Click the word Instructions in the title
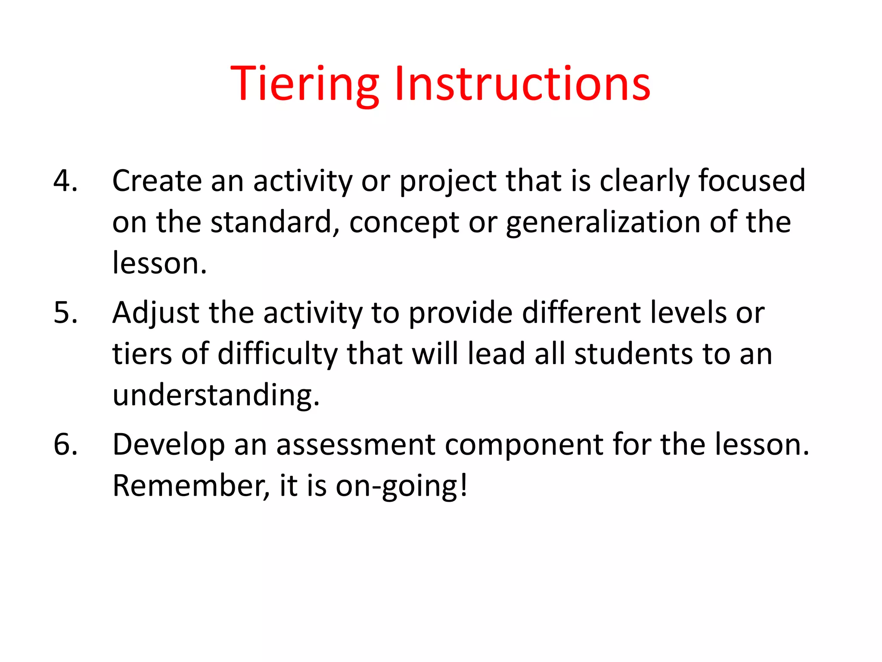click(522, 84)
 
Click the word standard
click(274, 222)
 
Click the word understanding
click(216, 396)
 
